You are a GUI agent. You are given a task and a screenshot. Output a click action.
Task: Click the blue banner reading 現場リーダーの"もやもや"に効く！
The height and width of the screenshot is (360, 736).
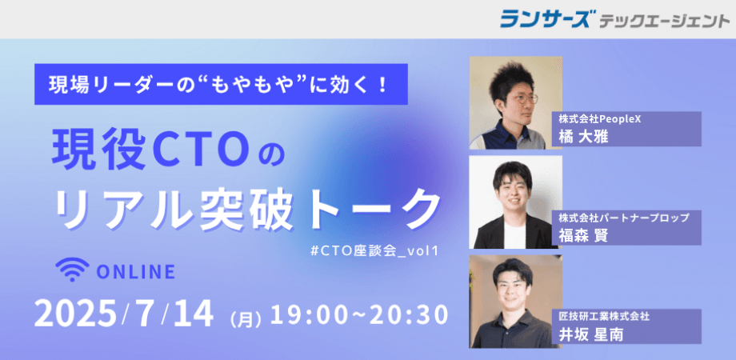218,83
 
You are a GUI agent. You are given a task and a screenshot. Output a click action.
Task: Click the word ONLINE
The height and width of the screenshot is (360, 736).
135,272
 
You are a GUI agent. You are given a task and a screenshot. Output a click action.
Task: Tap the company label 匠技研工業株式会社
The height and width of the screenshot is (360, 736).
605,317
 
